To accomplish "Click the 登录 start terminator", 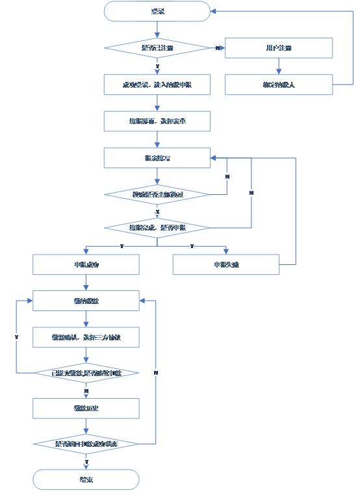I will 157,11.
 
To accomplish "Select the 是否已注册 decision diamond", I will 157,48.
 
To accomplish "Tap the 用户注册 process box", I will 279,48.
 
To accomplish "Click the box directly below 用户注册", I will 279,84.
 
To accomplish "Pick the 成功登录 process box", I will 157,84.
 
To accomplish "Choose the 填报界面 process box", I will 157,121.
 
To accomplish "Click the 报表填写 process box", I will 157,157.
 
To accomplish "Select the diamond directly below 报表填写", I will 157,194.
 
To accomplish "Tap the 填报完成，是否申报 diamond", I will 157,228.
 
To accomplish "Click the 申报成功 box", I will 86,264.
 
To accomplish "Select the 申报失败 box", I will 226,264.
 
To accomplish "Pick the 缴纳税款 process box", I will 86,301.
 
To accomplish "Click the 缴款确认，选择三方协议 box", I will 86,337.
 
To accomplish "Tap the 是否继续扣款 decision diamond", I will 86,373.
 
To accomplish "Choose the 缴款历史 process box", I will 86,409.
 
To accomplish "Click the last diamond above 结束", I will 86,444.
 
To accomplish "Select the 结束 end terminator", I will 86,480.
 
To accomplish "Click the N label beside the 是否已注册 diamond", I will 216,47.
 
